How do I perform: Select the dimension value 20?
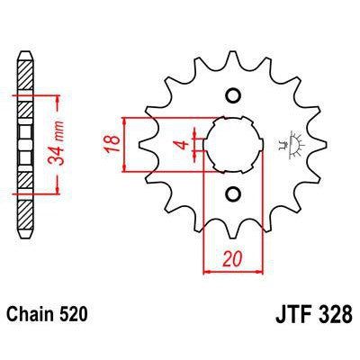pyautogui.click(x=231, y=257)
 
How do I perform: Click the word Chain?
pyautogui.click(x=34, y=317)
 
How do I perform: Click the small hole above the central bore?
pyautogui.click(x=232, y=96)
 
